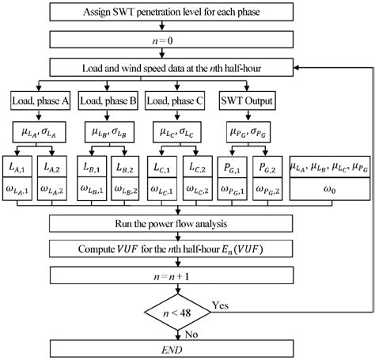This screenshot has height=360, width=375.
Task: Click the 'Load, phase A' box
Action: (40, 100)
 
